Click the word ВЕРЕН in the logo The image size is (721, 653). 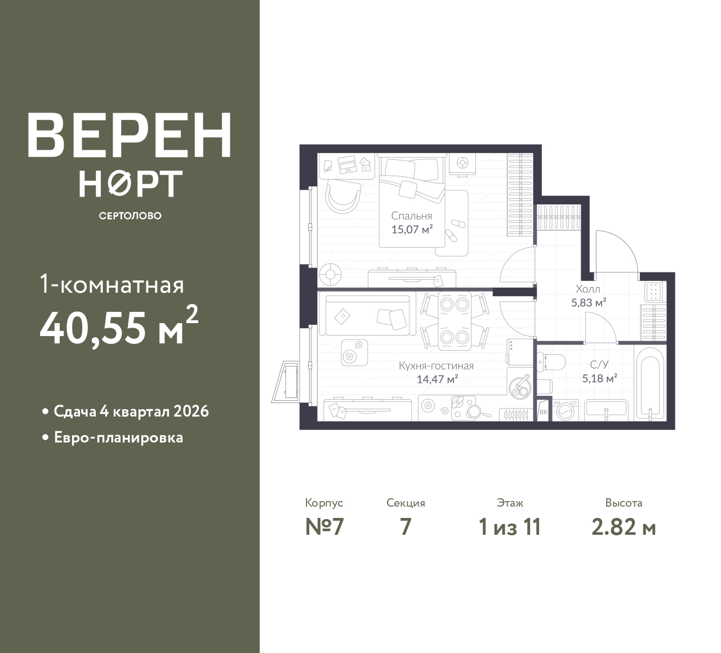pyautogui.click(x=130, y=135)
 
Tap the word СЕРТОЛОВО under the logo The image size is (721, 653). pyautogui.click(x=130, y=216)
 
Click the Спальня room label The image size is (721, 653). pyautogui.click(x=412, y=216)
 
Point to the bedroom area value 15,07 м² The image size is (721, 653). pyautogui.click(x=412, y=229)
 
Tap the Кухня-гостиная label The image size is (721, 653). pyautogui.click(x=437, y=366)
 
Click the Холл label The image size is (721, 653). pyautogui.click(x=588, y=289)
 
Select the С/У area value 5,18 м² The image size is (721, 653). pyautogui.click(x=600, y=378)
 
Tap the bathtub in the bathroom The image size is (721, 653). pyautogui.click(x=650, y=383)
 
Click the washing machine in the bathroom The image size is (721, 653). pyautogui.click(x=566, y=410)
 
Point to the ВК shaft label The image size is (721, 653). pyautogui.click(x=544, y=412)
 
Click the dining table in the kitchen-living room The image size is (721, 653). pyautogui.click(x=455, y=321)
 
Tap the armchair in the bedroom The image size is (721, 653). pyautogui.click(x=343, y=196)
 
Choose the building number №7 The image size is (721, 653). pyautogui.click(x=324, y=527)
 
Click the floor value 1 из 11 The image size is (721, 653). pyautogui.click(x=510, y=527)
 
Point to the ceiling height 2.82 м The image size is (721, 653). pyautogui.click(x=624, y=527)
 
